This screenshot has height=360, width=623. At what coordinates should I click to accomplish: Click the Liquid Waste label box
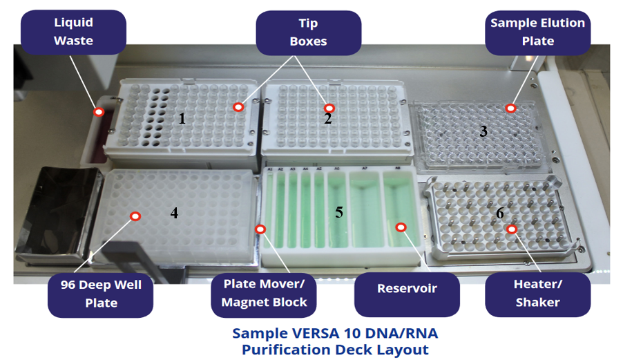click(73, 32)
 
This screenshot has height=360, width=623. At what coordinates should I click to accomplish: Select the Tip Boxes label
click(309, 32)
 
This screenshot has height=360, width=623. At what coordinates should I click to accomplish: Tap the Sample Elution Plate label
click(537, 32)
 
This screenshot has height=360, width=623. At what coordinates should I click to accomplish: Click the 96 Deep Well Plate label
click(101, 294)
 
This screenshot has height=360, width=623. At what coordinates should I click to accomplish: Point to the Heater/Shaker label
click(537, 294)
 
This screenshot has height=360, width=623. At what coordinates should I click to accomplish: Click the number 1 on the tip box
click(182, 118)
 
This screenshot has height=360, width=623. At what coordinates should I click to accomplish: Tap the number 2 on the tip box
click(328, 119)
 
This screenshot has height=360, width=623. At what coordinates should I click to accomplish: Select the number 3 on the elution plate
click(483, 131)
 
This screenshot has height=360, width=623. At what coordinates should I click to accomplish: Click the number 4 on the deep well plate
click(174, 214)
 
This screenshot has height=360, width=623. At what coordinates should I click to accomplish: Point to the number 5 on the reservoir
click(339, 212)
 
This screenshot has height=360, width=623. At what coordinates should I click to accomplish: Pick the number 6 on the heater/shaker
click(500, 214)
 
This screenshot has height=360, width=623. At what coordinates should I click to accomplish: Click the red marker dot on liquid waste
click(99, 112)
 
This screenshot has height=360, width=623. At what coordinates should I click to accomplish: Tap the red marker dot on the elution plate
click(510, 108)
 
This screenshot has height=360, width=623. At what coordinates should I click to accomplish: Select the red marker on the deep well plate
click(135, 216)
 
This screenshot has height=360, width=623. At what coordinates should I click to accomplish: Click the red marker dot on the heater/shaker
click(511, 229)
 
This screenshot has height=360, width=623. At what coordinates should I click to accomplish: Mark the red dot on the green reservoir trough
click(400, 227)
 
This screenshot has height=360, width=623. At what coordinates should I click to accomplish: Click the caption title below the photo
click(335, 341)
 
